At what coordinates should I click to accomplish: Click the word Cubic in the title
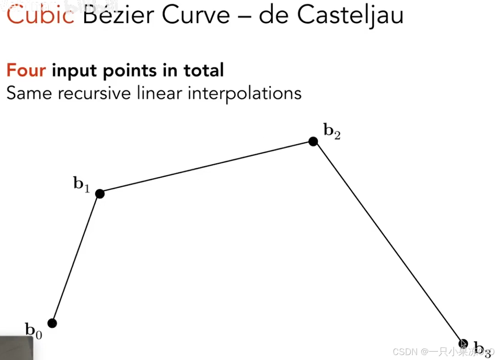pyautogui.click(x=41, y=16)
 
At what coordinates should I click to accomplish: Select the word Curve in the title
pyautogui.click(x=196, y=16)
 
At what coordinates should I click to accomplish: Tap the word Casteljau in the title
pyautogui.click(x=350, y=16)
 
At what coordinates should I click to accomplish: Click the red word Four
pyautogui.click(x=26, y=71)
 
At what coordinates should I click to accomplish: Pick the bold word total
pyautogui.click(x=204, y=71)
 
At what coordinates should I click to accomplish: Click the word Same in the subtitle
pyautogui.click(x=29, y=93)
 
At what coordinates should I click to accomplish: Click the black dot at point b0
pyautogui.click(x=52, y=323)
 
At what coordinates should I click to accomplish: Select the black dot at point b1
pyautogui.click(x=100, y=194)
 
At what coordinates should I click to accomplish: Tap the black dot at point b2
pyautogui.click(x=313, y=142)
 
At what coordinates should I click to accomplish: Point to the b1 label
pyautogui.click(x=81, y=184)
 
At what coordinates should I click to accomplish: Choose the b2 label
pyautogui.click(x=332, y=131)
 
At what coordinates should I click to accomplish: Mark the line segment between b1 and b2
pyautogui.click(x=206, y=168)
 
